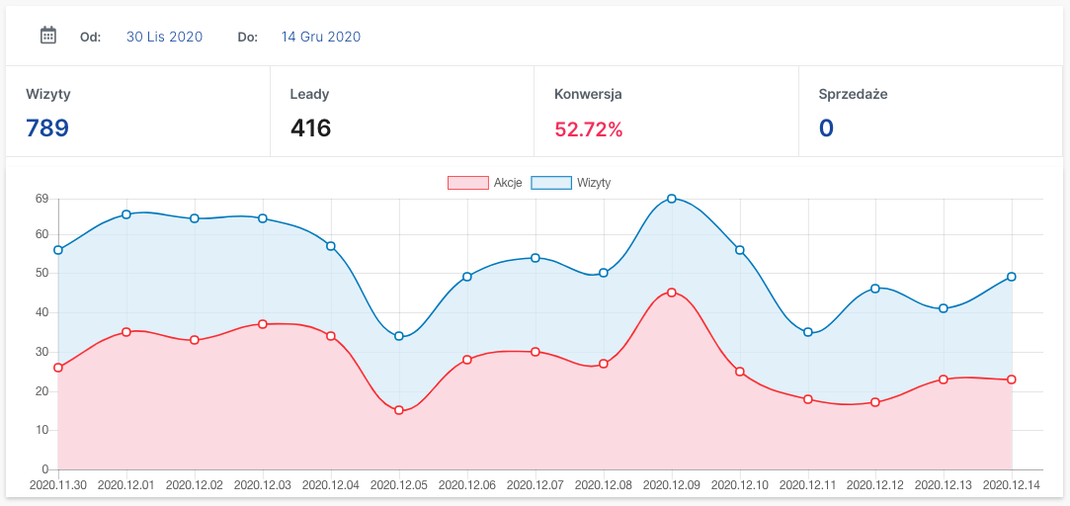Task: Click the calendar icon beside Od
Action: point(47,36)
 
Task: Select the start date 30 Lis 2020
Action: point(164,37)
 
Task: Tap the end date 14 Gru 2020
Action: point(320,37)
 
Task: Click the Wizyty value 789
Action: point(47,128)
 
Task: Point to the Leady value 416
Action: point(310,128)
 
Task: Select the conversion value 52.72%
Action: point(589,128)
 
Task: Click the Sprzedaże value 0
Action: point(826,128)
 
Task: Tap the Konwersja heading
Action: point(588,95)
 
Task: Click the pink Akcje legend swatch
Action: point(467,183)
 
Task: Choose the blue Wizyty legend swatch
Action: point(551,183)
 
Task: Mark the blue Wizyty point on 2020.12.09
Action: point(672,199)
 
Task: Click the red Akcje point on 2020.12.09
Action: point(672,293)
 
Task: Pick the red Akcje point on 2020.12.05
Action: point(399,410)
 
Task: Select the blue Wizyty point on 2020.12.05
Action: point(399,336)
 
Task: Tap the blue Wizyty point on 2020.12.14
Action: point(1012,277)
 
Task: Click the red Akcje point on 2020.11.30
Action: point(58,368)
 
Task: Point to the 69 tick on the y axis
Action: point(41,199)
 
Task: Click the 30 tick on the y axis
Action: point(41,352)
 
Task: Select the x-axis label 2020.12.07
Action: point(535,486)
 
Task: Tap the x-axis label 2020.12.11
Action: point(807,486)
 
